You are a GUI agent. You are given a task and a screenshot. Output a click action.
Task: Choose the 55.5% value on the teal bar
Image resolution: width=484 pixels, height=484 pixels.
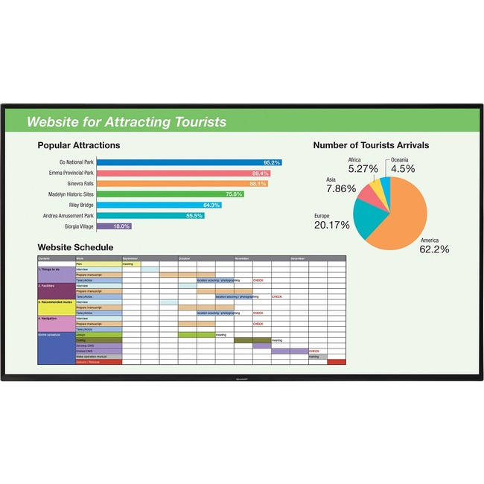(194, 215)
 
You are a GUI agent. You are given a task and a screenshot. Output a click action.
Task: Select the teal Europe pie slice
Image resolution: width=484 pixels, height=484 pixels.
(366, 213)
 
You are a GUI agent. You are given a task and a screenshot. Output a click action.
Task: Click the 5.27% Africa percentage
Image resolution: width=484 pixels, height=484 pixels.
(363, 169)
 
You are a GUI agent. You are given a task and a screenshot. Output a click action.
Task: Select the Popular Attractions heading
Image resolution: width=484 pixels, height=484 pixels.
(78, 145)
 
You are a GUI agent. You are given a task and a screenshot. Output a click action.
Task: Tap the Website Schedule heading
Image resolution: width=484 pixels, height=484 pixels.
(75, 247)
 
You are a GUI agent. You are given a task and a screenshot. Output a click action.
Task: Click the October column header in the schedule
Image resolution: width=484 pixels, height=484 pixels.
(185, 258)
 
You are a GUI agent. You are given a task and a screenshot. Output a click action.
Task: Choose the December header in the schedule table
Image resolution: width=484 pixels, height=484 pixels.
(298, 258)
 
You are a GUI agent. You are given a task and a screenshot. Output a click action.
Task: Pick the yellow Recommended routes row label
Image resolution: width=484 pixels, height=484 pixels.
(54, 302)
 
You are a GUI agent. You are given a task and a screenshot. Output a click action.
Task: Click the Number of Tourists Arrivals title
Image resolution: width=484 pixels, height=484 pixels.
(371, 145)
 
